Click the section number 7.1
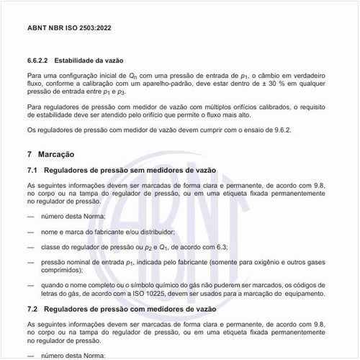32,170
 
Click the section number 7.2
32,309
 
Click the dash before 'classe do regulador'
30,247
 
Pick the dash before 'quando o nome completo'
30,285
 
